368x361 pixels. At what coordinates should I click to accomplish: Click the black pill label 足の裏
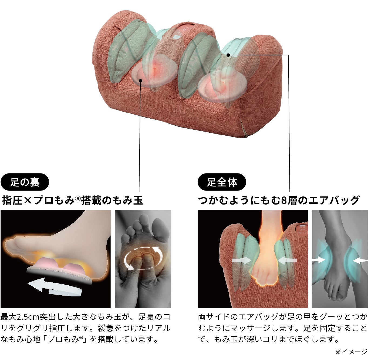(25, 182)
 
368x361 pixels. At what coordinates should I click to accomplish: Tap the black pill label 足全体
(222, 182)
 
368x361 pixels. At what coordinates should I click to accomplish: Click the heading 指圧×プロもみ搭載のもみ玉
(72, 200)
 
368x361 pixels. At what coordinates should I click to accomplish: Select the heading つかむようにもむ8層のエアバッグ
(279, 200)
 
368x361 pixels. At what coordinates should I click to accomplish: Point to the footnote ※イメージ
(351, 352)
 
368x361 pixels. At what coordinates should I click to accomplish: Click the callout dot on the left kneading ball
(140, 81)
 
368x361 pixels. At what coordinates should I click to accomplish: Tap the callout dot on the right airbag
(228, 55)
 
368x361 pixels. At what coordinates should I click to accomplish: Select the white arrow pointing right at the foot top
(241, 260)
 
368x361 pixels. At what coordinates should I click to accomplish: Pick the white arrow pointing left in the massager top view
(287, 260)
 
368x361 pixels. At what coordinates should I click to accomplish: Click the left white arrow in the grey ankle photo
(319, 260)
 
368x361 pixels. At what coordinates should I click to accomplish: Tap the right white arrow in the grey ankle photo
(360, 260)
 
